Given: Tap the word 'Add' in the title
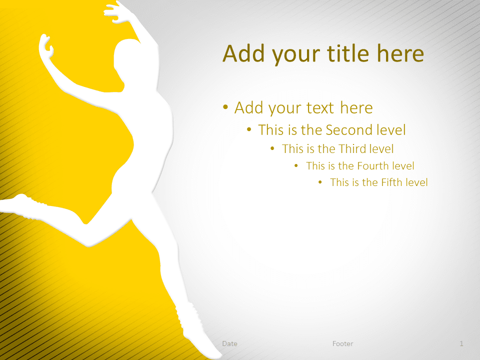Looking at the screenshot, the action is [x=243, y=53].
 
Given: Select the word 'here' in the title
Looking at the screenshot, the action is [x=400, y=53].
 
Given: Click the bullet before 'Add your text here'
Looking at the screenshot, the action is [x=225, y=107].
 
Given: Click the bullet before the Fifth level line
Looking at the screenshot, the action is [x=320, y=182].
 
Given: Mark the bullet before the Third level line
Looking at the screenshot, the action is [x=272, y=148].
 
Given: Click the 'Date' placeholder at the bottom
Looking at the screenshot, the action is [x=230, y=344].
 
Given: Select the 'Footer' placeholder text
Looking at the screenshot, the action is [x=343, y=344].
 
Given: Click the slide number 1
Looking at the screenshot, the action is [x=461, y=344].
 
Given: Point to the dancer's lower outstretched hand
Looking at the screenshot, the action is [x=46, y=46].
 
